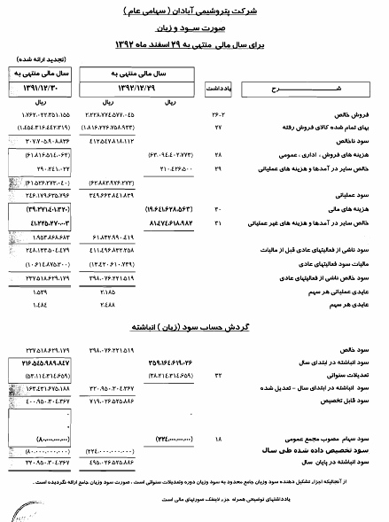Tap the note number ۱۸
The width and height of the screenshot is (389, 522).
pyautogui.click(x=218, y=438)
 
